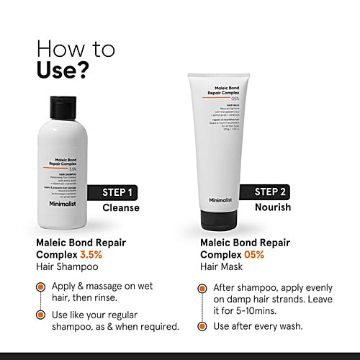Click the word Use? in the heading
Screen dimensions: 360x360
[63, 71]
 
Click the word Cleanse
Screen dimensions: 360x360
[120, 208]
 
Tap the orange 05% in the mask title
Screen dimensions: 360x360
[253, 255]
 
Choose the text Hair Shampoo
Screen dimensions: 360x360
[68, 267]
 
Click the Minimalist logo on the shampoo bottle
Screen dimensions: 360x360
[67, 204]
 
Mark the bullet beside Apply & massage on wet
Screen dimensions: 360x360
[42, 287]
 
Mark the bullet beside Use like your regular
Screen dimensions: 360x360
[42, 315]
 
